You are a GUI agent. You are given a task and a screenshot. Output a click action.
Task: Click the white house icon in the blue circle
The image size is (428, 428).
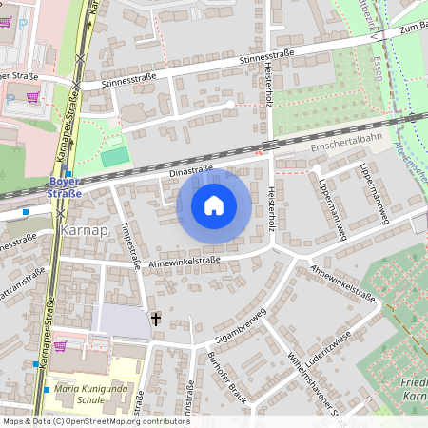[214, 204]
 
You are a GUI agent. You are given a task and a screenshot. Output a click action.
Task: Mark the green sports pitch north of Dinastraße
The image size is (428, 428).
[114, 155]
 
